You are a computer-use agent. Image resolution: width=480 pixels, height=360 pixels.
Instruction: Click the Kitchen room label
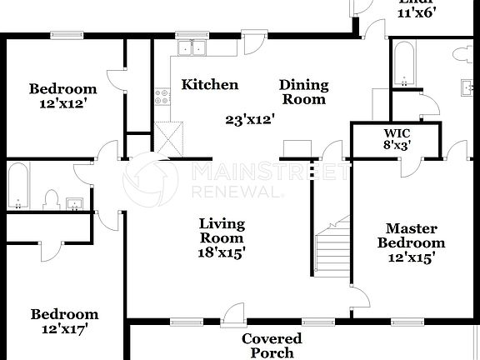[x=210, y=84]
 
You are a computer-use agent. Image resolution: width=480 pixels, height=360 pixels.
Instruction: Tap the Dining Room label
[x=303, y=92]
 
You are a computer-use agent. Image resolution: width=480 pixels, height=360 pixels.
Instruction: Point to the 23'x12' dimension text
[x=250, y=118]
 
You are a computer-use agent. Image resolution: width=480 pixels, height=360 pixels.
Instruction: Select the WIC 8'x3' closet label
[x=397, y=138]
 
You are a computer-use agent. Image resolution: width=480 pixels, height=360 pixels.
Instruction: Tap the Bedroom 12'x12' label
[x=62, y=97]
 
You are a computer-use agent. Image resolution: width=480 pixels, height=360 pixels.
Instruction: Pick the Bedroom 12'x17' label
[x=64, y=322]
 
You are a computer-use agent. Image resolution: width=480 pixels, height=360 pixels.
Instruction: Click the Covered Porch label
[x=272, y=346]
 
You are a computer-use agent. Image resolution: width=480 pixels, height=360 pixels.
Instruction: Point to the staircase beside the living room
[x=332, y=251]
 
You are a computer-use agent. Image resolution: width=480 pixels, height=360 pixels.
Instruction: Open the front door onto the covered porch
[x=234, y=313]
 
